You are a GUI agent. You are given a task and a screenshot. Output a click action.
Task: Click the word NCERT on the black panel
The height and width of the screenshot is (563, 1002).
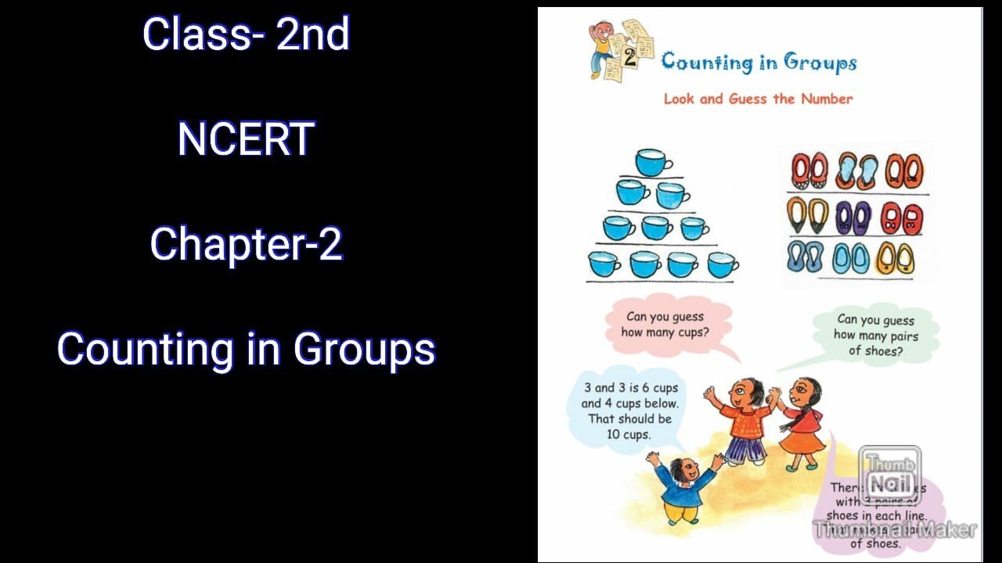(246, 139)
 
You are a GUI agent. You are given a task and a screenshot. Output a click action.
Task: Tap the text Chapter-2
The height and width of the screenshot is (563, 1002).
(246, 244)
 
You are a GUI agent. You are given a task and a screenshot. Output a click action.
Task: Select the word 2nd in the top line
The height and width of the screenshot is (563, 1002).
(312, 34)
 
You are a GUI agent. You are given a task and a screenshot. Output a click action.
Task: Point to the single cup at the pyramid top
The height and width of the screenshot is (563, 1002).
(652, 163)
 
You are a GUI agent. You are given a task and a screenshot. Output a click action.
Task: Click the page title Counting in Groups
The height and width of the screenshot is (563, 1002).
(759, 63)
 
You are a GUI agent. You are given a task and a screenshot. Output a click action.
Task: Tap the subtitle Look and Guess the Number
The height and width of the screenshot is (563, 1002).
(758, 99)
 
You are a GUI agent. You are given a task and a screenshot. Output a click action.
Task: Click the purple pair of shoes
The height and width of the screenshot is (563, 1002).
(852, 217)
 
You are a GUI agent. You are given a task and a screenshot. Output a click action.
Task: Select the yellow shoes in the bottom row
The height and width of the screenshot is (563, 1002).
(895, 258)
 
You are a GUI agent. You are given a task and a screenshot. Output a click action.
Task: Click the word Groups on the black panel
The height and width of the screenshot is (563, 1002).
(364, 348)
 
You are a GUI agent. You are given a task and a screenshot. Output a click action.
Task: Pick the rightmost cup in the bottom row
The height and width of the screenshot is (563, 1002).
(722, 264)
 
